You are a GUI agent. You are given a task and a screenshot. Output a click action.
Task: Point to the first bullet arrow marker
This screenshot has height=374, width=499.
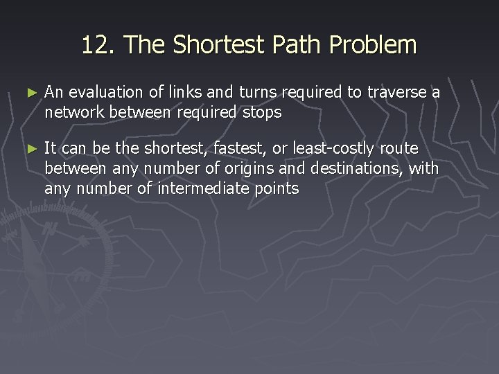[28, 93]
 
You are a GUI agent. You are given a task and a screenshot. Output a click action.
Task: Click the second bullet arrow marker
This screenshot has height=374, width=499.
[28, 148]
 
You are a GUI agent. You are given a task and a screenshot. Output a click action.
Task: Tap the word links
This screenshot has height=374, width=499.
[177, 93]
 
